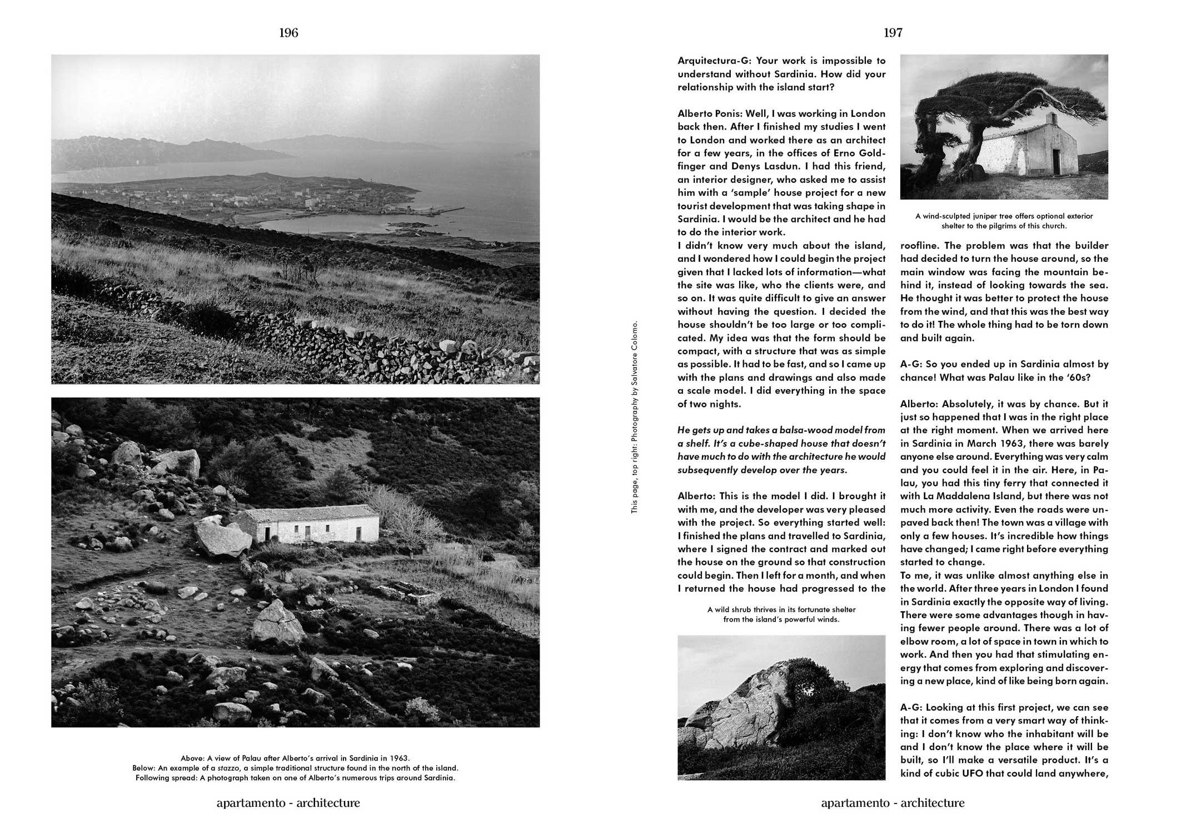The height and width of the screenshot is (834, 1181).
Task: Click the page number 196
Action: (x=288, y=33)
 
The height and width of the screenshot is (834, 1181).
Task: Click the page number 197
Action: (x=893, y=33)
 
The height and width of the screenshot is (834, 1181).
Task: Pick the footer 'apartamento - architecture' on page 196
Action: (x=288, y=803)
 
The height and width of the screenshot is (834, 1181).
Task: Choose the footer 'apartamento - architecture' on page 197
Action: (x=893, y=803)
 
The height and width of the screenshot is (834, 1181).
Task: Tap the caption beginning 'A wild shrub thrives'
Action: (x=781, y=614)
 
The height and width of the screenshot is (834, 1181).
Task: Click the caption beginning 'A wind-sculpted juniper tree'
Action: (x=1004, y=221)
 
